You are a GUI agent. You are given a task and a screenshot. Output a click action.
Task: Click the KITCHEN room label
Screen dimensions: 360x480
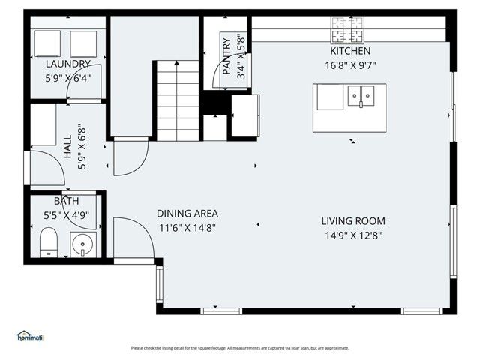coord(350,52)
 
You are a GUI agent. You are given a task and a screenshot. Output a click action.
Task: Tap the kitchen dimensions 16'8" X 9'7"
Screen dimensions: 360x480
coord(350,65)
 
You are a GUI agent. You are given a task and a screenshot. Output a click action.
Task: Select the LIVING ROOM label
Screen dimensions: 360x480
coord(353,221)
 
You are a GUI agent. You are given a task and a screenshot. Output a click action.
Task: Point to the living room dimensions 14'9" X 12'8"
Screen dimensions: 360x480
coord(353,235)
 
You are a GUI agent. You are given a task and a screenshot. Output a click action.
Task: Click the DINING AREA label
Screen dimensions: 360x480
coord(187,213)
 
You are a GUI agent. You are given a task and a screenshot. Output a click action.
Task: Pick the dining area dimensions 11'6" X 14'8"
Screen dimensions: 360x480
coord(187,226)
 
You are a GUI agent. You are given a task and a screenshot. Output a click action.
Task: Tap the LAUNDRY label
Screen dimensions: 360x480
coord(68,64)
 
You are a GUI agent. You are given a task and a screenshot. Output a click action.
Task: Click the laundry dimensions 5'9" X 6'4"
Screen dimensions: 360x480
coord(68,77)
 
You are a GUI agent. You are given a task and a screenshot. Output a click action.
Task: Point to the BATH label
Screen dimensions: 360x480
coord(66,202)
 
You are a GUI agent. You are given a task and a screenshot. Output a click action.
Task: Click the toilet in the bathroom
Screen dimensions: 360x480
coord(49,242)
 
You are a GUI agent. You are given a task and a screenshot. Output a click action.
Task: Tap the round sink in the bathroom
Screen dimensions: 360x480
coord(82,244)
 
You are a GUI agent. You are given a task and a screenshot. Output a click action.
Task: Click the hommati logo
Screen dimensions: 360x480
coord(31,336)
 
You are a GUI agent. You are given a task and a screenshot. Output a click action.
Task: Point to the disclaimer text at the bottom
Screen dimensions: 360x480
coord(240,348)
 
